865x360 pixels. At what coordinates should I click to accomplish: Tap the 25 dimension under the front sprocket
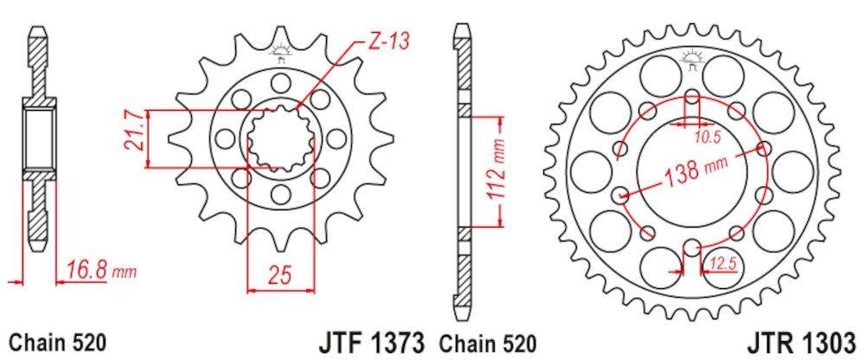(x=279, y=274)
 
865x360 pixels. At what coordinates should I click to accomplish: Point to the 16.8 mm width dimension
(x=101, y=271)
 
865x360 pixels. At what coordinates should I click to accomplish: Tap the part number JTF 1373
(x=372, y=342)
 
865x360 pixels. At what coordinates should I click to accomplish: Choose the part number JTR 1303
(x=804, y=342)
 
